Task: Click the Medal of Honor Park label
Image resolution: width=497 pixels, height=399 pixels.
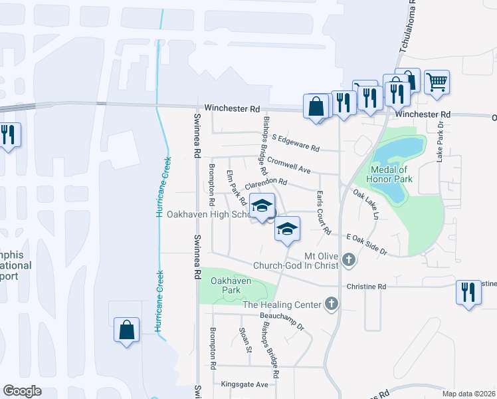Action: coord(392,174)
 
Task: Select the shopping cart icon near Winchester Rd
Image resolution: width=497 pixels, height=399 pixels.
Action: coord(437,83)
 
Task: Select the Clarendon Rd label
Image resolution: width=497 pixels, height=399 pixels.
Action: coord(265,182)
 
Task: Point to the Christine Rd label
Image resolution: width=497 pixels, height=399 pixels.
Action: coord(366,287)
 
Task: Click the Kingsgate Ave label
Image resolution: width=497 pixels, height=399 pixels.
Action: coord(244,384)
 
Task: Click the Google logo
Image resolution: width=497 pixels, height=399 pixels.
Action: coord(22,391)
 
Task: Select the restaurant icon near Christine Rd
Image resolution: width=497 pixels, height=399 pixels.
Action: coord(469,293)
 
